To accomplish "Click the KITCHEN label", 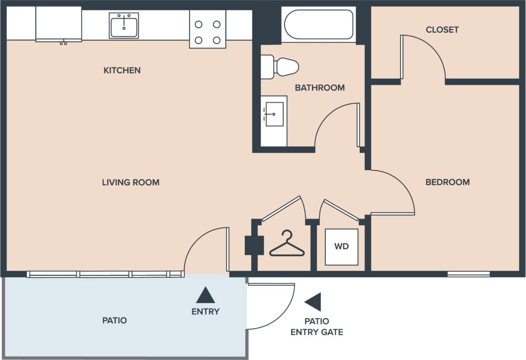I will click(122, 70).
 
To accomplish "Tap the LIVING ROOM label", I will click(131, 182).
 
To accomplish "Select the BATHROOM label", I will click(319, 88).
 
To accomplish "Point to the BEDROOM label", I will click(447, 182).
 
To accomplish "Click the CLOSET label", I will click(442, 29).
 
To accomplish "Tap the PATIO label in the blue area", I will click(115, 320).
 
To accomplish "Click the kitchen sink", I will click(124, 25).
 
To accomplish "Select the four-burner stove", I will click(208, 29).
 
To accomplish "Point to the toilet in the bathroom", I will click(280, 67).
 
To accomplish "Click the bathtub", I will click(318, 24).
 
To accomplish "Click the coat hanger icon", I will click(287, 244).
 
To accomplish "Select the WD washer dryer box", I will click(341, 246).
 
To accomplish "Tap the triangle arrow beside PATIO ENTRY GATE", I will click(314, 302).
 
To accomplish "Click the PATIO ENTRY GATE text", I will click(316, 327).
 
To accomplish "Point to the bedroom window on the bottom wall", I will click(469, 274).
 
